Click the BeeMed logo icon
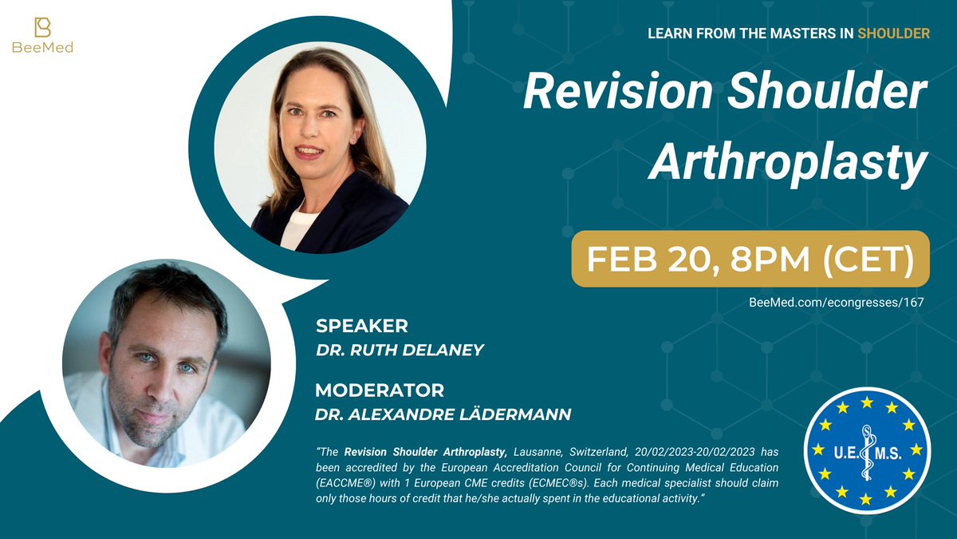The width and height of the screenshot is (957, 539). coord(42,26)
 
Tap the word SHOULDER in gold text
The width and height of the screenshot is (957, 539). coord(893,34)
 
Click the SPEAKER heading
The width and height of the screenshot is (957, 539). coord(361,326)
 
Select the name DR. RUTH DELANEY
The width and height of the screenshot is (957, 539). coord(400,350)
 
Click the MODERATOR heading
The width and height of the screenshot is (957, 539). coord(379,390)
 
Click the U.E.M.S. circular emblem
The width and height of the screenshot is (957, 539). coord(864,450)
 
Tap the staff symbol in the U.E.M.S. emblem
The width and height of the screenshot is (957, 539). coord(864,450)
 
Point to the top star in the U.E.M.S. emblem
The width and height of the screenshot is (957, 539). coord(865,402)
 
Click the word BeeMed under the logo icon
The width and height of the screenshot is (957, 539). coord(42,48)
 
